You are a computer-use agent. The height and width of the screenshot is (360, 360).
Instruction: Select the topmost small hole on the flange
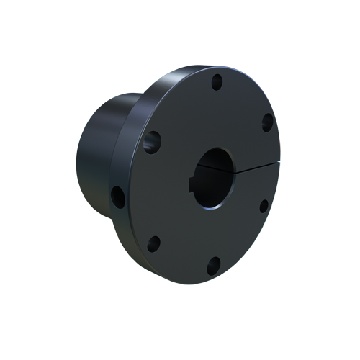click(217, 81)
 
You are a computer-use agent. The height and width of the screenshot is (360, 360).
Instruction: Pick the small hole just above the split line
click(266, 122)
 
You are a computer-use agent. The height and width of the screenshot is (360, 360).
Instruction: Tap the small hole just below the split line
click(264, 206)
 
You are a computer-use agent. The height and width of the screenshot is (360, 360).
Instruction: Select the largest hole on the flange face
click(152, 141)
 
